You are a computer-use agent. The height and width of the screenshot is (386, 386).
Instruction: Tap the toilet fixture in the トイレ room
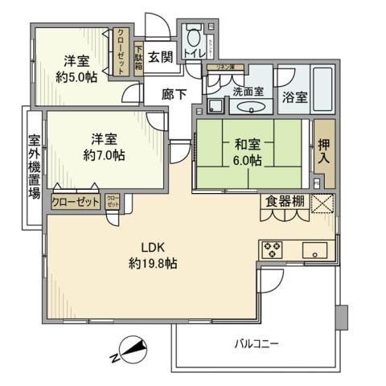tap(193, 38)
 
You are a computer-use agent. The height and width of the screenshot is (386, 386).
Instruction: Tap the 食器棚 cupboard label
tap(285, 202)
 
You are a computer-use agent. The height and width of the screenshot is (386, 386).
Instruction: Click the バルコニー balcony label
tap(257, 344)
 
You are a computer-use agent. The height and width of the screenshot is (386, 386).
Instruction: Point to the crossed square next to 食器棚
tap(322, 203)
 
